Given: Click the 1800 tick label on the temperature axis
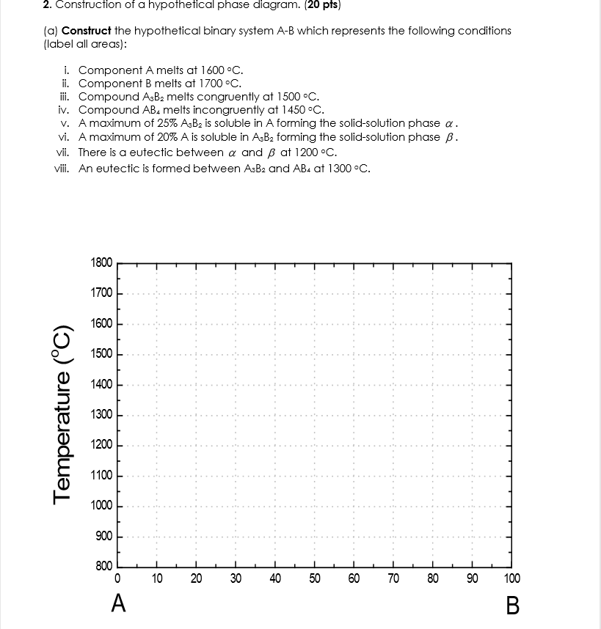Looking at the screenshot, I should (x=101, y=262).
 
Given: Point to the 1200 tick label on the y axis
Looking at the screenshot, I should (x=101, y=445).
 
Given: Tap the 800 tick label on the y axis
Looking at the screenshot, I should (x=103, y=567).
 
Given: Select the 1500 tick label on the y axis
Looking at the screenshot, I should (x=101, y=354).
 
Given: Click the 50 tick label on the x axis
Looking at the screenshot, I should (x=314, y=578).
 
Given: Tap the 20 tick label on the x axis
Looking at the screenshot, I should (x=196, y=578).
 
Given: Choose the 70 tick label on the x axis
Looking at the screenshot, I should (x=393, y=578).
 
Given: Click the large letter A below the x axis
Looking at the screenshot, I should (x=117, y=604).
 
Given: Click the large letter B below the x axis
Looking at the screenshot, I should (x=512, y=606).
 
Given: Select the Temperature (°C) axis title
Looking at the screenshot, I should (x=64, y=415).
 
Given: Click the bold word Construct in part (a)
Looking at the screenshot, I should (x=86, y=31).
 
